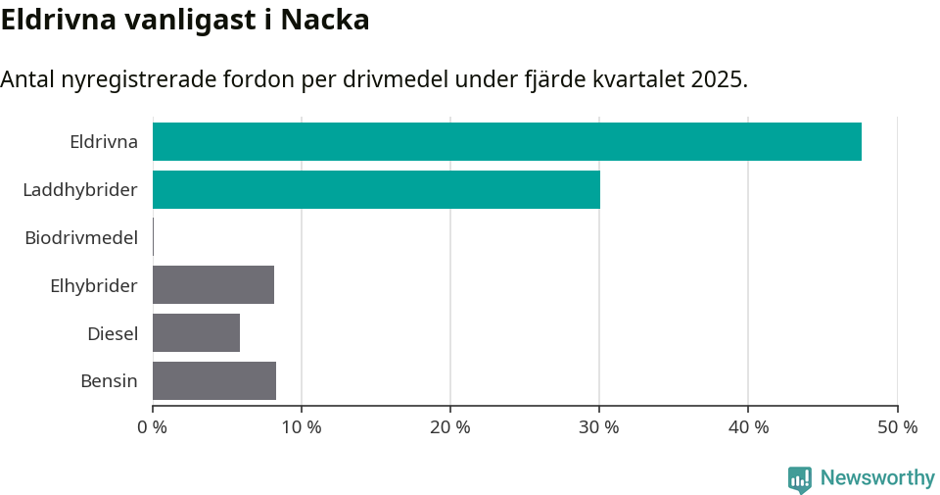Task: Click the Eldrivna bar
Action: tap(507, 141)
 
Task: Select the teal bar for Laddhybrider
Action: tap(376, 189)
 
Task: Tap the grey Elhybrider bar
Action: tap(213, 285)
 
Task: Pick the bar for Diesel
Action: tap(196, 333)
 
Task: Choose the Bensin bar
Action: tap(214, 381)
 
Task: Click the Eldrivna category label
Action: tap(103, 141)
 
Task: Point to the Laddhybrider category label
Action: tap(80, 189)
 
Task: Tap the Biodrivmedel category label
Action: tap(81, 237)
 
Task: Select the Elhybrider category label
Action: tap(93, 285)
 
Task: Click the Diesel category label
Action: tap(112, 333)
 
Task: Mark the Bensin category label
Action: tap(109, 381)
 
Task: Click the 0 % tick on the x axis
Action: tap(152, 427)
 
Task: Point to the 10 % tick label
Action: tap(301, 427)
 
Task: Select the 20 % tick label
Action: tap(449, 427)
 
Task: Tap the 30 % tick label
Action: tap(598, 427)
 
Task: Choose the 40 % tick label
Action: tap(747, 427)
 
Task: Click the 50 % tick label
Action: tap(897, 427)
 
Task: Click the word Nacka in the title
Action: tap(325, 20)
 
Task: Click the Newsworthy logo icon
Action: tap(800, 478)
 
